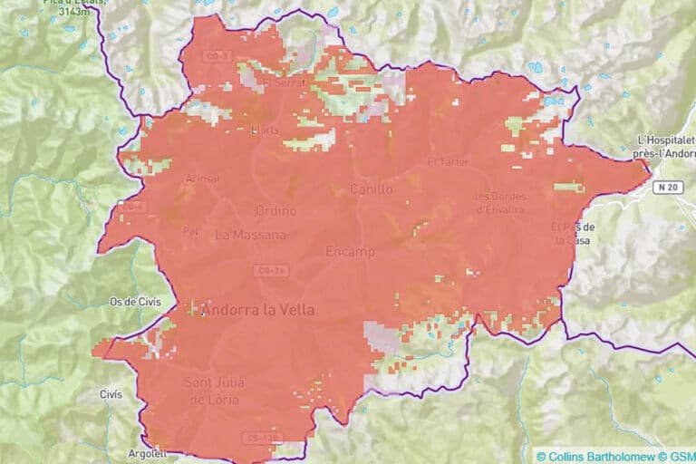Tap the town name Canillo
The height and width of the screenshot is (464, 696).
pyautogui.click(x=372, y=189)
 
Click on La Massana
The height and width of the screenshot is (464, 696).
pyautogui.click(x=250, y=235)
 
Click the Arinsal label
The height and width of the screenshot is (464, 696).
pyautogui.click(x=202, y=179)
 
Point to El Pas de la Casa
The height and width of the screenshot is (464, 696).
pyautogui.click(x=573, y=233)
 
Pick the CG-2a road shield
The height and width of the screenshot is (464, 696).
pyautogui.click(x=271, y=270)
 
